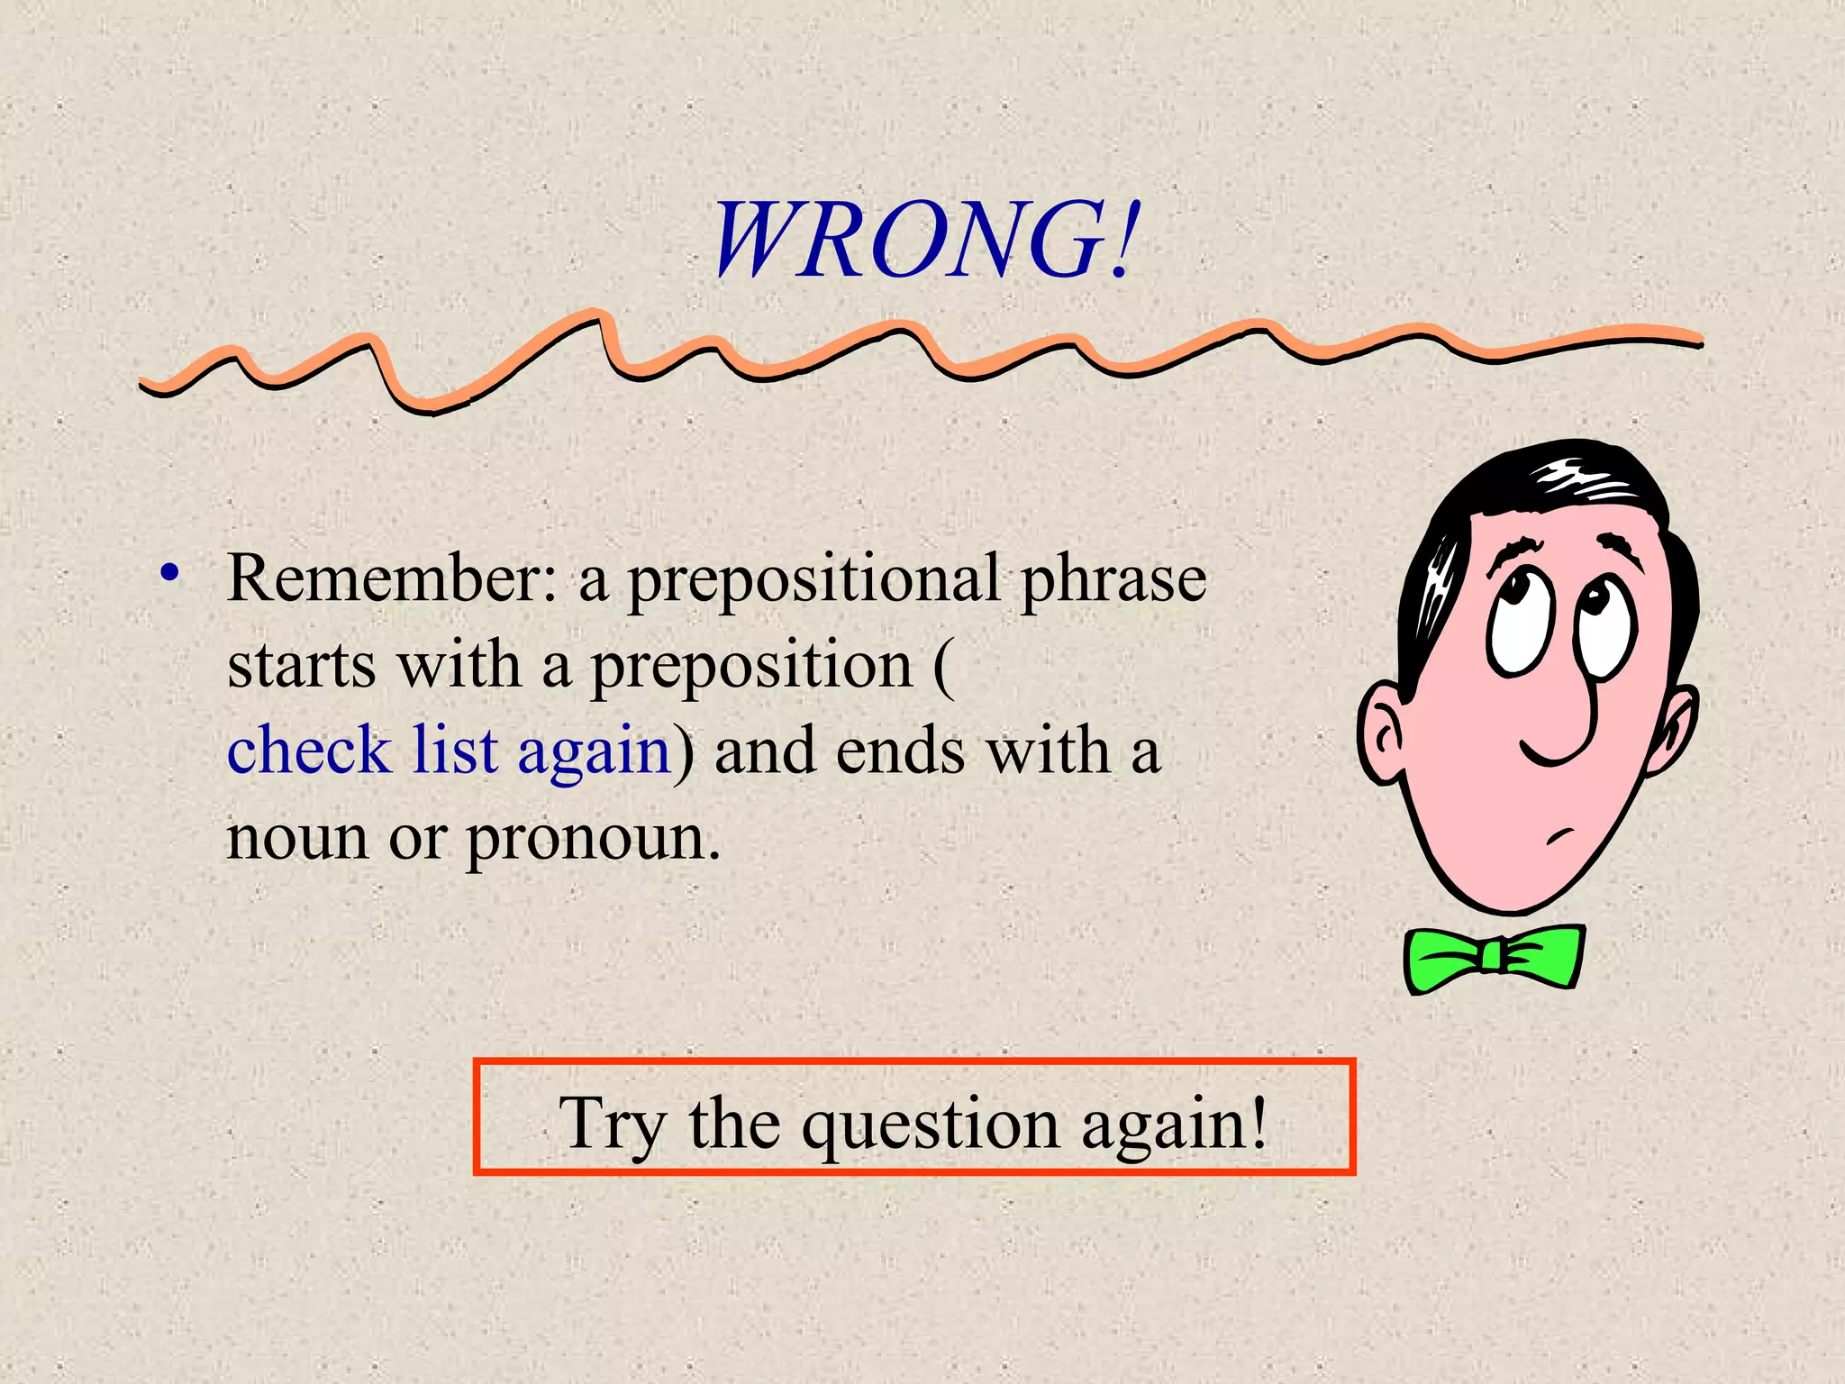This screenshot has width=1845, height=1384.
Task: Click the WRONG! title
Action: (x=926, y=241)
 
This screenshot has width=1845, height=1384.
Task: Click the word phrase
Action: (x=1113, y=578)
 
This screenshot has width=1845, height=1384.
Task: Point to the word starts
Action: (x=301, y=667)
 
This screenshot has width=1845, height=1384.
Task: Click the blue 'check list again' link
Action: (x=449, y=751)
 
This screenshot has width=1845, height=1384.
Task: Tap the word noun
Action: (x=297, y=838)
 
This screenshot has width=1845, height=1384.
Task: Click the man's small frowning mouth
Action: (x=1561, y=835)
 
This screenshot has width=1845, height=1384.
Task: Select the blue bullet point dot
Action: (x=169, y=573)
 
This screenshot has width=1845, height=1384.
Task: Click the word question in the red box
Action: (x=931, y=1125)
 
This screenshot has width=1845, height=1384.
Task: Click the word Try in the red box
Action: (x=613, y=1124)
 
